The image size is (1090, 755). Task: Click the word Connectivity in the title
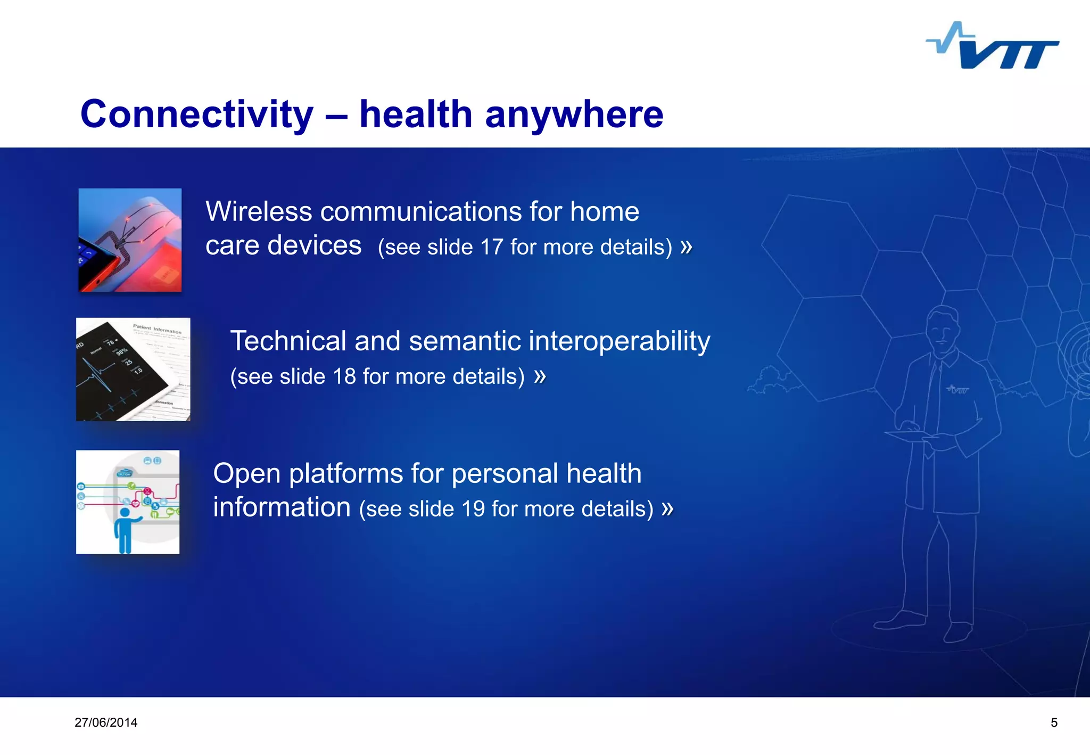(196, 114)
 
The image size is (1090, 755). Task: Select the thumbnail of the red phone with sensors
(130, 240)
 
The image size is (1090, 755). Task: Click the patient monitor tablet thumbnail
(133, 369)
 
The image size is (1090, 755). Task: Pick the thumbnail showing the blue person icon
(128, 502)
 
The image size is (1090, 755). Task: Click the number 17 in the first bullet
(491, 247)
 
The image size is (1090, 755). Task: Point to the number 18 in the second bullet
(344, 376)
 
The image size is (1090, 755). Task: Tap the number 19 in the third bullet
(473, 509)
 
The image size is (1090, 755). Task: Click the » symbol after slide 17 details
(686, 247)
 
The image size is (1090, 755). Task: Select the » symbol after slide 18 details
(540, 376)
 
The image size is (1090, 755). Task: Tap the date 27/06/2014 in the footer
(106, 723)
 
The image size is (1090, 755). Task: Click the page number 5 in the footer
(1054, 723)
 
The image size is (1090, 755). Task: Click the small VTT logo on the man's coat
(957, 389)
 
